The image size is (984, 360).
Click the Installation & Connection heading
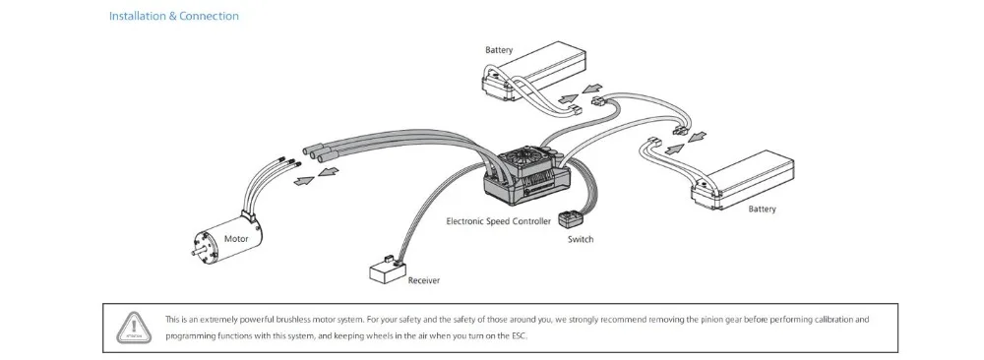174,16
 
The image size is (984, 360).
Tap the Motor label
236,238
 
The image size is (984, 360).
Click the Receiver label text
423,280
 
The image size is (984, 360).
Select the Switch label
581,239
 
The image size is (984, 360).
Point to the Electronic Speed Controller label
498,220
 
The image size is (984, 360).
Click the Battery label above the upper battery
499,49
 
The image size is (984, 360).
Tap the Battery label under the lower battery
762,209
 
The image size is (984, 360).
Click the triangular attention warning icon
133,328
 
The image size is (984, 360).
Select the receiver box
387,270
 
